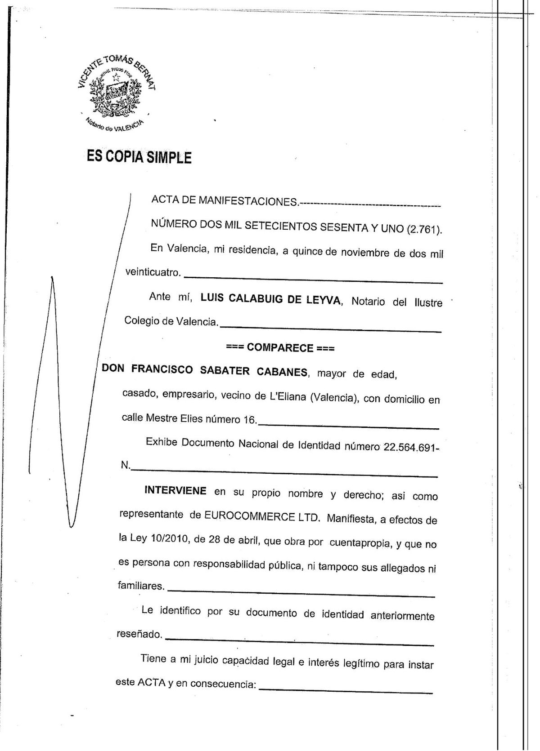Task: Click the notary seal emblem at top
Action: click(116, 93)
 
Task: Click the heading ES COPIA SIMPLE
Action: click(139, 157)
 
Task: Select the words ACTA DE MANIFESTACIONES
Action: click(225, 201)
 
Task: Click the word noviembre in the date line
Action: click(364, 253)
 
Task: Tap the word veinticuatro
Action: click(153, 272)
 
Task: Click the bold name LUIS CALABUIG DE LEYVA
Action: click(271, 299)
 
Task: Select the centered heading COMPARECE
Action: click(280, 348)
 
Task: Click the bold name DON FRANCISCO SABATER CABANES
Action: click(205, 371)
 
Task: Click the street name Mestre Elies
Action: click(174, 418)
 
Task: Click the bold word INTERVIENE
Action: click(175, 490)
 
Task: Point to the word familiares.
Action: click(140, 586)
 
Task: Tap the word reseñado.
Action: click(139, 634)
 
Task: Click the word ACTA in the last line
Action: click(151, 682)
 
